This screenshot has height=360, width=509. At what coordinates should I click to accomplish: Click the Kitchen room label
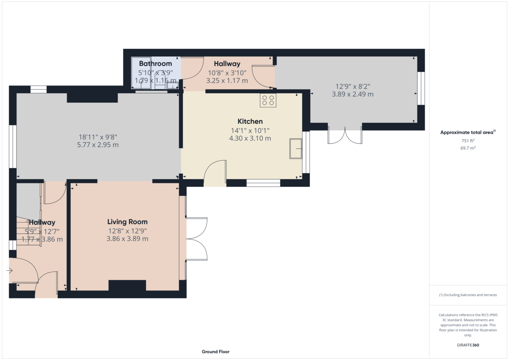[250, 121]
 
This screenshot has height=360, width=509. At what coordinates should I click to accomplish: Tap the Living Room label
[127, 222]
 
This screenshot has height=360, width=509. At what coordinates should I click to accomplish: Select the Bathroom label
[155, 64]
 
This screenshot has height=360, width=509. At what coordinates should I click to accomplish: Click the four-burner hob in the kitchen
[268, 100]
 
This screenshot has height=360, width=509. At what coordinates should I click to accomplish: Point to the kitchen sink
[296, 148]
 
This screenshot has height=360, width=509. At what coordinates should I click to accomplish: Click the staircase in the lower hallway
[29, 231]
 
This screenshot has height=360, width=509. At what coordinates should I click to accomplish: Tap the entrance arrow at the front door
[9, 271]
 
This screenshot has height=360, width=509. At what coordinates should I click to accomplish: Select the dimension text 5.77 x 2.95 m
[98, 145]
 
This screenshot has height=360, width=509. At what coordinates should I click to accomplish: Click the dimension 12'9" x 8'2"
[352, 87]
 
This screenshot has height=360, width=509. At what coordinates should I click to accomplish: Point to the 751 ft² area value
[468, 141]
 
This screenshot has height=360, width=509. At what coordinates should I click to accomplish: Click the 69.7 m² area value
[468, 148]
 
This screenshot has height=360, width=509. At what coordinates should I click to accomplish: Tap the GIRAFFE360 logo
[468, 345]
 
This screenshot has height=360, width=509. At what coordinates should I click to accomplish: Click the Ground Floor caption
[215, 352]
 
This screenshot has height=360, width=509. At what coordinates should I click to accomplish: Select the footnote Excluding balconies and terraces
[468, 295]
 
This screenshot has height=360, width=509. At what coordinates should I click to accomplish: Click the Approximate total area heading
[468, 132]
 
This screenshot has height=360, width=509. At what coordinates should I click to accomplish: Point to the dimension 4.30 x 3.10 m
[250, 138]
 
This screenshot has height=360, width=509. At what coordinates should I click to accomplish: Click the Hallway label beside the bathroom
[227, 64]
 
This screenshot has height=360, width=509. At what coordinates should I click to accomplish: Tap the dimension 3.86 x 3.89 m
[127, 239]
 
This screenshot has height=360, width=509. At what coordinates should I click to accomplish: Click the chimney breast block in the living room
[127, 286]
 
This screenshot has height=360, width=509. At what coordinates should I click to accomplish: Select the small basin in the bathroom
[173, 86]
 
